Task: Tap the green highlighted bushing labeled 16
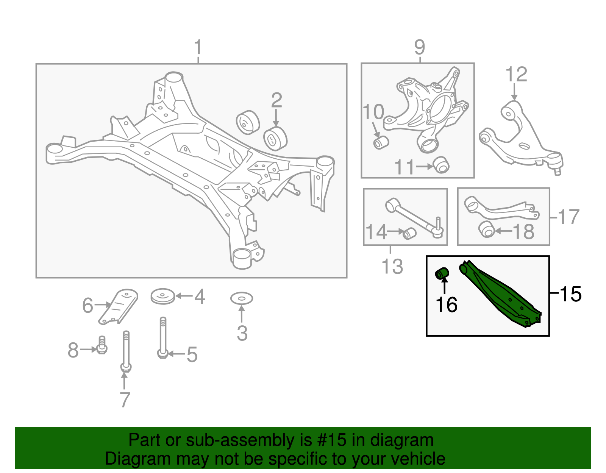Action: pos(442,273)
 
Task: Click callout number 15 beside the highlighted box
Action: pos(570,293)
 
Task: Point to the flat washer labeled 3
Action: pos(242,299)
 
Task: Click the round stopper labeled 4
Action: pos(163,296)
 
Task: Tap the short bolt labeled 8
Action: pos(102,345)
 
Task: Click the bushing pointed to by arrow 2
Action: pos(275,139)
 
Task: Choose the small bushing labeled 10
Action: pos(381,142)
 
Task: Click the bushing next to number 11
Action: pos(441,164)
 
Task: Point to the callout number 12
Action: pos(516,74)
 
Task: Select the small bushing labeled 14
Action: pos(409,233)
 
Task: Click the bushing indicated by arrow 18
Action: pos(487,229)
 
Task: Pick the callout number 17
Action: pos(569,217)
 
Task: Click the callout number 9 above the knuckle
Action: pos(420,47)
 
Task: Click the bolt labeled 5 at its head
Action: pos(162,354)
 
